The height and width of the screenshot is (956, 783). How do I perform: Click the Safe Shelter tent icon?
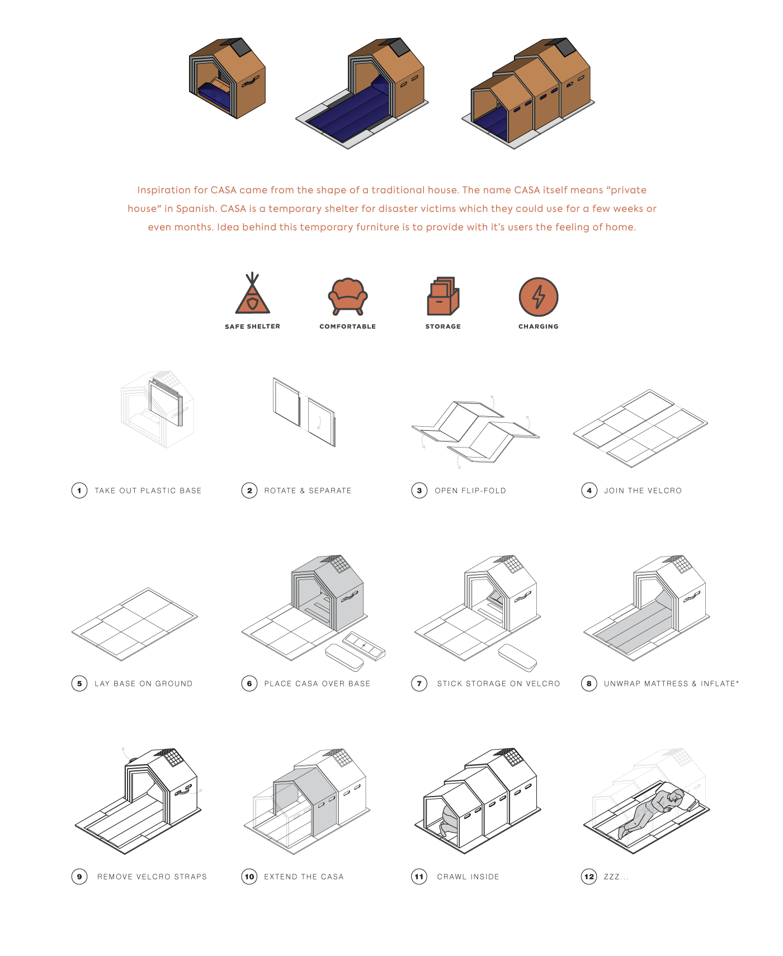pos(252,295)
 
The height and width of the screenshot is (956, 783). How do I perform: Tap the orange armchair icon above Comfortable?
pos(347,296)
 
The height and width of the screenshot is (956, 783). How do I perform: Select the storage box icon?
pos(443,296)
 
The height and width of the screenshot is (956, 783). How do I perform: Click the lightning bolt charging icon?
pos(538,296)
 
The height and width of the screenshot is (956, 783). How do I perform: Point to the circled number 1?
pos(79,491)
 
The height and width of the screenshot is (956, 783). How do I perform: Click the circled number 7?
pos(419,684)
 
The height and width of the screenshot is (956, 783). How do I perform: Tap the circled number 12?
pos(589,877)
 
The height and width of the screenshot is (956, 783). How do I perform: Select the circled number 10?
pos(249,877)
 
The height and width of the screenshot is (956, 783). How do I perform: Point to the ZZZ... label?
pos(616,877)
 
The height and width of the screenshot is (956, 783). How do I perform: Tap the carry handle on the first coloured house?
pos(250,81)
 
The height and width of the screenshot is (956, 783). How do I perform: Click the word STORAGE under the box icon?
pos(443,327)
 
